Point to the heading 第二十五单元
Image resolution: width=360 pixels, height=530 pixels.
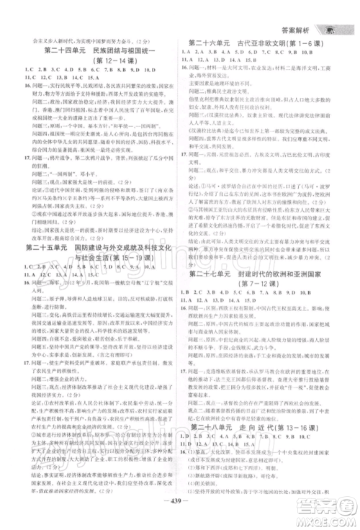pyautogui.click(x=46, y=248)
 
